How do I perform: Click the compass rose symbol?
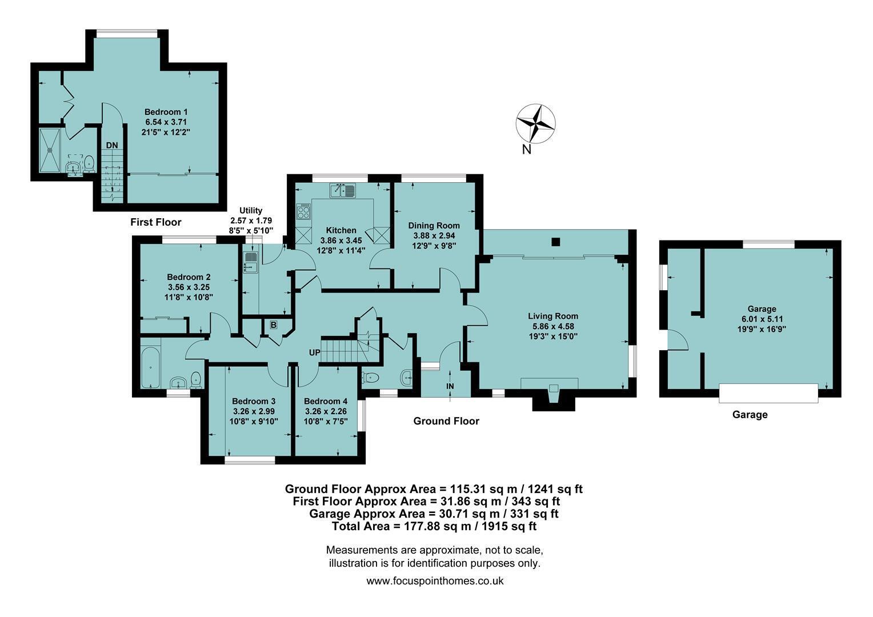(x=536, y=123)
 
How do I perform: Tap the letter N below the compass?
(x=527, y=150)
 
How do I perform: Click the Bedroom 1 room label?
(x=166, y=112)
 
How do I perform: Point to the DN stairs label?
(x=112, y=145)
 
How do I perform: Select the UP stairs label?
(x=314, y=352)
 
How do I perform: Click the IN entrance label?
(x=450, y=386)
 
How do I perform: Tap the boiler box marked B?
(x=273, y=324)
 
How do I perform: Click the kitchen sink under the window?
(x=342, y=191)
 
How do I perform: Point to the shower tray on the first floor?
(x=50, y=150)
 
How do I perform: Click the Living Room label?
(x=552, y=316)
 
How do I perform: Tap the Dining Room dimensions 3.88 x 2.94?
(x=434, y=236)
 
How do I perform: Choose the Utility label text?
(x=251, y=210)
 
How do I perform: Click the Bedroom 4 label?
(x=326, y=401)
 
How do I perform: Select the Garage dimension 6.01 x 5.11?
(x=762, y=319)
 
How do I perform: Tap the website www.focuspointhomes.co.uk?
(x=435, y=581)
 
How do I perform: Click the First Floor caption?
(x=156, y=222)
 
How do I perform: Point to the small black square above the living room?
(x=556, y=242)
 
